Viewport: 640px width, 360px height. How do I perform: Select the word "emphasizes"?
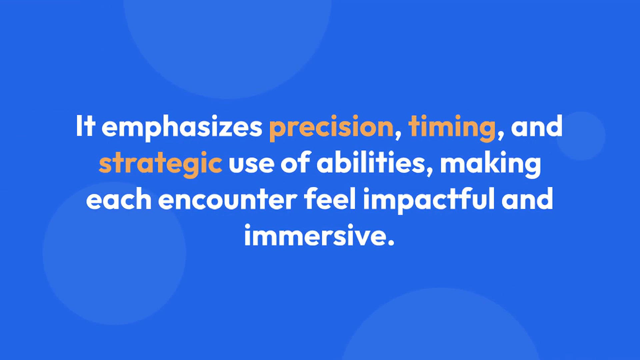[x=182, y=128]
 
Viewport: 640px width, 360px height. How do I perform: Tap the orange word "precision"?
[x=331, y=128]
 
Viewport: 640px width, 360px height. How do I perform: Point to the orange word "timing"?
[x=452, y=128]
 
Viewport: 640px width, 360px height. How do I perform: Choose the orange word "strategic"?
[x=161, y=164]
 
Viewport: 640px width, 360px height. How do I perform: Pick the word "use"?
[x=251, y=166]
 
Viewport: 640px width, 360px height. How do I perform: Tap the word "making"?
[x=490, y=164]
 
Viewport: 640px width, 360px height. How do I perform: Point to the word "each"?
[x=119, y=199]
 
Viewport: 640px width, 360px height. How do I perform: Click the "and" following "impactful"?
[x=527, y=199]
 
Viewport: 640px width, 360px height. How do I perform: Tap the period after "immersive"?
[x=391, y=242]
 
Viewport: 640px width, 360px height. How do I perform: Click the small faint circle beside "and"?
[x=581, y=136]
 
